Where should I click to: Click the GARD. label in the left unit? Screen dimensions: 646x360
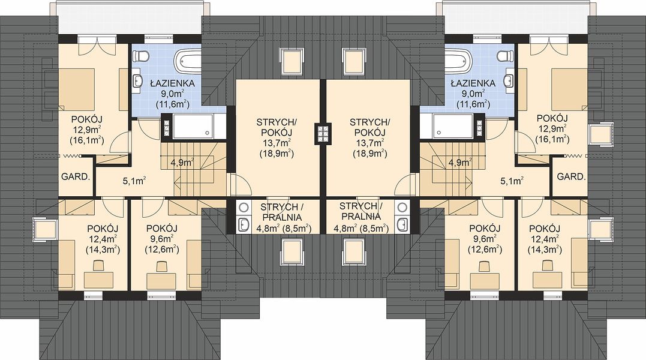76,177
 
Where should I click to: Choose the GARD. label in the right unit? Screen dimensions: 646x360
571,177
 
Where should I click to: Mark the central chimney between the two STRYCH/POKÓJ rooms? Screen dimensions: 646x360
323,133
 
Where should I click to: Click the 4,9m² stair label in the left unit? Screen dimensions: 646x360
182,162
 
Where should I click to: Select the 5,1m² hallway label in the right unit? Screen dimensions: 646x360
512,180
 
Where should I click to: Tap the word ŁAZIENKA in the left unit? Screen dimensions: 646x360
172,83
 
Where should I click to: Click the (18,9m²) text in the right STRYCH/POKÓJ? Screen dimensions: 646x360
369,154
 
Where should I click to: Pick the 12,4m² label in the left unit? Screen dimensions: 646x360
103,239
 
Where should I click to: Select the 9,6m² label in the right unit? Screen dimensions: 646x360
485,239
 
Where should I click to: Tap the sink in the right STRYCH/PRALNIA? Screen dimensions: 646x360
402,225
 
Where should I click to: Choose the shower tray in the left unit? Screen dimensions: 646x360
194,127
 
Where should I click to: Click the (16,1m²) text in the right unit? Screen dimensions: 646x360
552,140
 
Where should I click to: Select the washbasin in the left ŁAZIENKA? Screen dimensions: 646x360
137,81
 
